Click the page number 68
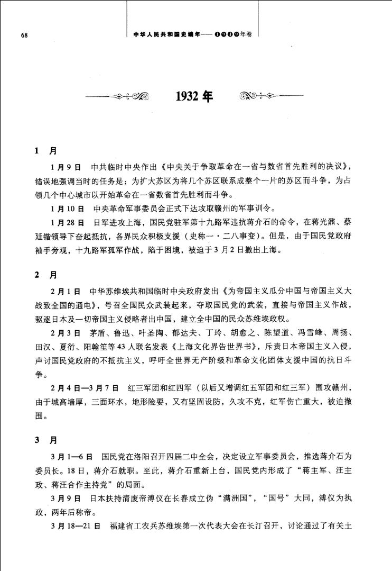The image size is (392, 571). click(23, 35)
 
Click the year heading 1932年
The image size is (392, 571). click(195, 97)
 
